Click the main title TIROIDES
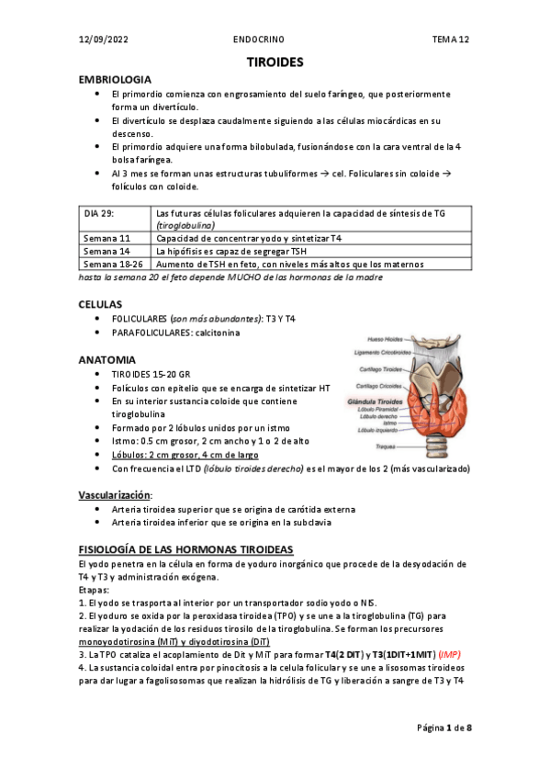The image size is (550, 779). click(275, 62)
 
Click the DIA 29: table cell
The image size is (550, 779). click(99, 213)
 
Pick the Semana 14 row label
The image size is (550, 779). click(107, 251)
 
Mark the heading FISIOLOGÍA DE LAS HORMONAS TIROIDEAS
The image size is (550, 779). click(186, 548)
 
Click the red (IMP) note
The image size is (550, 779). click(450, 653)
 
